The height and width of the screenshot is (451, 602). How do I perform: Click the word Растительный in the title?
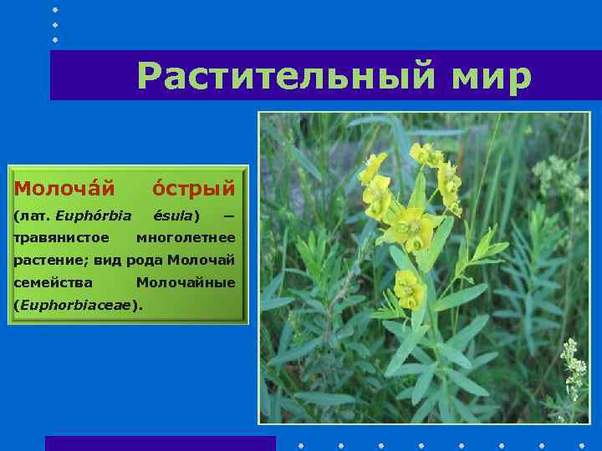[x=285, y=76]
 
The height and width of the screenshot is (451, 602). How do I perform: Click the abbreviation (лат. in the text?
[x=32, y=216]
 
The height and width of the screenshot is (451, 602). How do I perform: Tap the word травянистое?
[x=54, y=238]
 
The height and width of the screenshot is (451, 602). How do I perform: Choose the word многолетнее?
[x=186, y=238]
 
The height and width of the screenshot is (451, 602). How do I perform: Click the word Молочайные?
[x=186, y=282]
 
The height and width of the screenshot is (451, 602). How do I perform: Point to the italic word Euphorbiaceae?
[x=74, y=305]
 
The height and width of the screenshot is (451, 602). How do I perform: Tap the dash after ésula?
[x=228, y=216]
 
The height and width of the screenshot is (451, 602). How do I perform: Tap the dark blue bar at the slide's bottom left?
[x=160, y=443]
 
